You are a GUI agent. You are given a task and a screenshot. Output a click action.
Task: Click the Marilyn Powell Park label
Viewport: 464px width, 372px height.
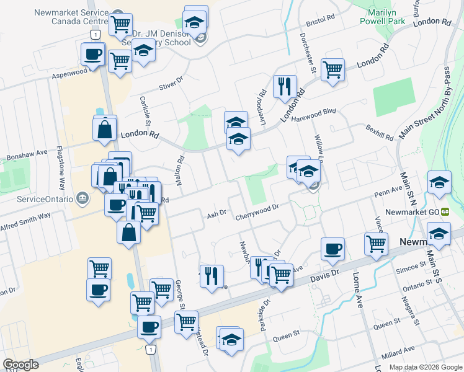click(x=383, y=15)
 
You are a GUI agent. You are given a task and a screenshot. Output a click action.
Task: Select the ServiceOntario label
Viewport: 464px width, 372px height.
click(x=42, y=199)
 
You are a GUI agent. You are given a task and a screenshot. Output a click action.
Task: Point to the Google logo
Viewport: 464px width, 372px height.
click(x=21, y=365)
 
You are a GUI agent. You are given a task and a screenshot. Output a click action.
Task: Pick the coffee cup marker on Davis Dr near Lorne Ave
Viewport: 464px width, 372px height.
click(x=332, y=248)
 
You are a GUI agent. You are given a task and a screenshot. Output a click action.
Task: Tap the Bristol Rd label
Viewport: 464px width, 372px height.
click(x=320, y=20)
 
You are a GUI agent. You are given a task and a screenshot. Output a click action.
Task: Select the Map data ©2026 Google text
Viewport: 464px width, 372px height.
click(x=426, y=367)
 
